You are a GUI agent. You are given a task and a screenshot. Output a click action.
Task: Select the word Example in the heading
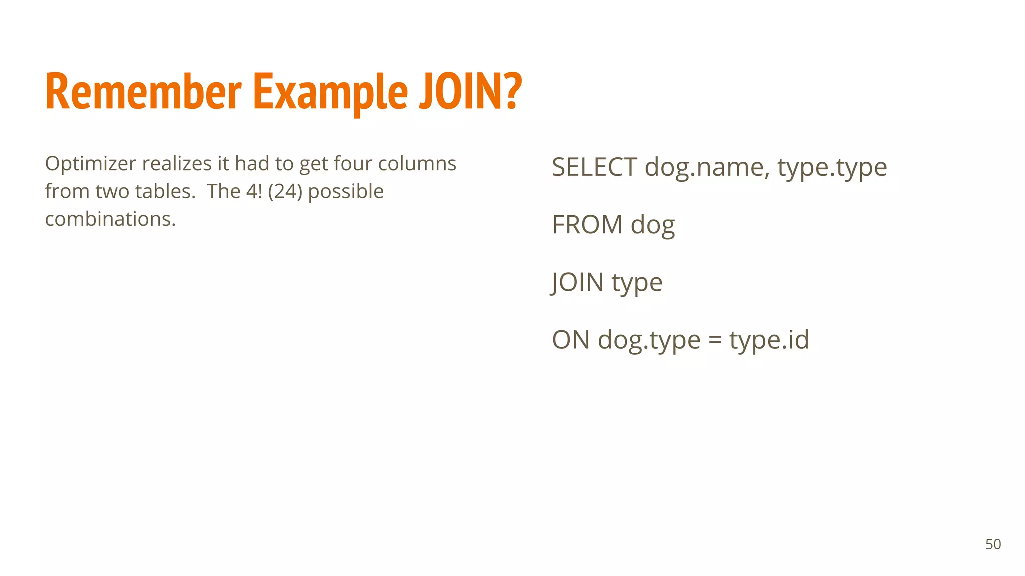[330, 92]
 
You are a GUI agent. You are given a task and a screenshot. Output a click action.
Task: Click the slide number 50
[993, 544]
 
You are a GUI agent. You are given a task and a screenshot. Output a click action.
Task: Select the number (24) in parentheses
[285, 191]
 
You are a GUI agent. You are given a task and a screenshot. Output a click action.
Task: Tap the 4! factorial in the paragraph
[254, 191]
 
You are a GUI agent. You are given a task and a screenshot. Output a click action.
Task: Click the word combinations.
[110, 219]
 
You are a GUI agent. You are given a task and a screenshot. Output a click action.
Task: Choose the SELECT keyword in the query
[594, 167]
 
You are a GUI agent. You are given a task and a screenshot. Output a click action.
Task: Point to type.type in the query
[832, 168]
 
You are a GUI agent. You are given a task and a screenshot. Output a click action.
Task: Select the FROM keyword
[587, 225]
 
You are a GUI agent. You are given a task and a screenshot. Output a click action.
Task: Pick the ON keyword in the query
[571, 340]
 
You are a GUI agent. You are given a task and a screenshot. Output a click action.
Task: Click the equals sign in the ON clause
[715, 341]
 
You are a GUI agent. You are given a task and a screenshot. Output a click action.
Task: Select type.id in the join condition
[769, 340]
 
